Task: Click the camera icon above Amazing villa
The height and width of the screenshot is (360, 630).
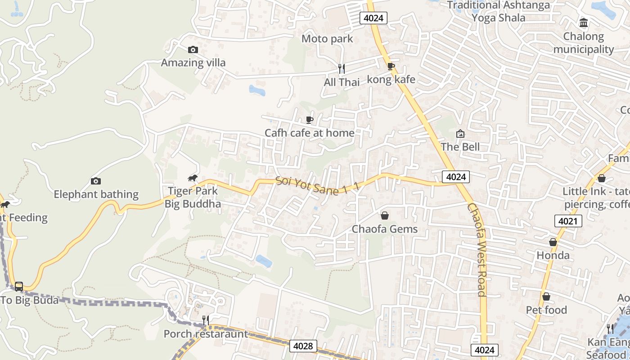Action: point(193,49)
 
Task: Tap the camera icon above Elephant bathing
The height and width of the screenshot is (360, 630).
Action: point(95,181)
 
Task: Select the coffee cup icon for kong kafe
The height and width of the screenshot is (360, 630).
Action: point(391,67)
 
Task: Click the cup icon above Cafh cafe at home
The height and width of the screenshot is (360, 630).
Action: point(309,120)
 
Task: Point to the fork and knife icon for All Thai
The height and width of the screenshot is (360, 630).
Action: point(342,69)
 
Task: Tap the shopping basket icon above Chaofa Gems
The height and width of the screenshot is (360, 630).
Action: point(385,216)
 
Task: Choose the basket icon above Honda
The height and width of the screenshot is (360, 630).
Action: point(553,242)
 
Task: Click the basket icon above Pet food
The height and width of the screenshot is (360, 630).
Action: point(546,297)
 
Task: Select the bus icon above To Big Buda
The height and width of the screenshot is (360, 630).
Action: point(19,286)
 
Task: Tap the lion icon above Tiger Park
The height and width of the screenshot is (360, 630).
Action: point(193,178)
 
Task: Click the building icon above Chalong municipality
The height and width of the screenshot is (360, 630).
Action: point(584,23)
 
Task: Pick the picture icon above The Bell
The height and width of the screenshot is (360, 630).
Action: point(460,134)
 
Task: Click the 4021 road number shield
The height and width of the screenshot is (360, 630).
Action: point(568,221)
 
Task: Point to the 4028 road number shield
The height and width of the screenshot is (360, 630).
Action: point(303,346)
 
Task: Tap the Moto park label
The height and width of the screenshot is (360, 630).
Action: point(327,39)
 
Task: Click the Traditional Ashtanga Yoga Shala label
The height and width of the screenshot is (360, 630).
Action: point(499,11)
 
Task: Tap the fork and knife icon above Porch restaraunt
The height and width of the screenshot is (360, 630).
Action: point(205,320)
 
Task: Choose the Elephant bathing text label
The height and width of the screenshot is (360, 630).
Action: point(96,194)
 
